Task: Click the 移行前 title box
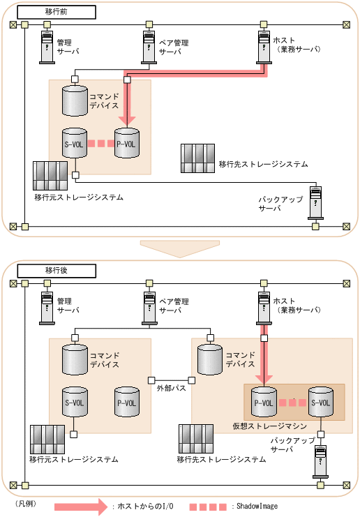coord(57,12)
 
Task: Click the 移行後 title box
coord(57,271)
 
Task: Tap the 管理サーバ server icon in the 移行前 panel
coord(47,47)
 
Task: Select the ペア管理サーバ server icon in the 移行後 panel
coord(149,308)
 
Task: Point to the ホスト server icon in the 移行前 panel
coord(264,47)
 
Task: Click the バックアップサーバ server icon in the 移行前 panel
coord(315,203)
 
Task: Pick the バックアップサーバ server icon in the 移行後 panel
coord(320,462)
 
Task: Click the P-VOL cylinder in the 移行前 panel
coord(126,143)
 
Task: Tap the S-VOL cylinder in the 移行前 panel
coord(75,143)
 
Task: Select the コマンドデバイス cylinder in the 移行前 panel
coord(75,100)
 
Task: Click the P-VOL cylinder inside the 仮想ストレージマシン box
coord(264,402)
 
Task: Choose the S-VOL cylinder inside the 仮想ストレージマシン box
coord(321,402)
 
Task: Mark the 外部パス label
coord(172,388)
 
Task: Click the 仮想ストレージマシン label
coord(270,426)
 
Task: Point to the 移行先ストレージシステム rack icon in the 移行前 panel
coord(198,158)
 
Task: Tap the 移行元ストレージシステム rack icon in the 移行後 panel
coord(47,439)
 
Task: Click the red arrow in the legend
coord(81,506)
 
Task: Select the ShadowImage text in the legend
coord(257,506)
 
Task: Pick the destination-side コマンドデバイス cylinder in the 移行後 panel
coord(210,360)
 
